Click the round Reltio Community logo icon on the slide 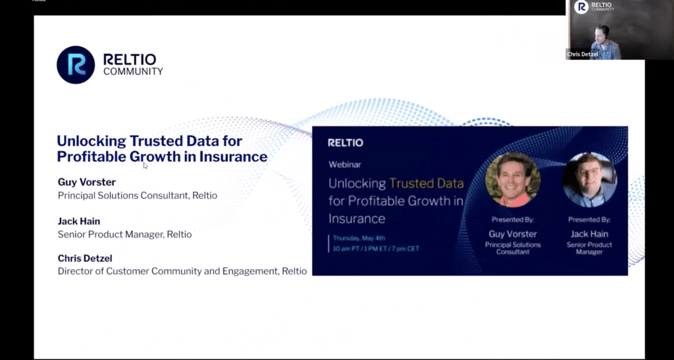tap(76, 65)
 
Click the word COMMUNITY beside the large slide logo tap(133, 71)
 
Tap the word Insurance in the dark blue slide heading tap(235, 157)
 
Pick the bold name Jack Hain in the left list tap(79, 222)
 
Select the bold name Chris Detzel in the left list tap(85, 259)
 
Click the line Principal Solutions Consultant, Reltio tap(138, 195)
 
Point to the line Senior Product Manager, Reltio tap(125, 234)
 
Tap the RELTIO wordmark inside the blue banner tap(346, 143)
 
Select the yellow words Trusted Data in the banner tap(427, 184)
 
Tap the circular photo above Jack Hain tap(589, 180)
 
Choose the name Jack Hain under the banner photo tap(589, 233)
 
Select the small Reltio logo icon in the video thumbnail tap(581, 7)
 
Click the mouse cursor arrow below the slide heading tap(145, 166)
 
